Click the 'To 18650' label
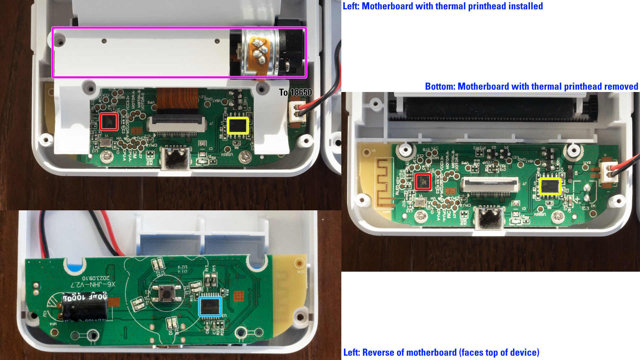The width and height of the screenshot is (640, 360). [295, 92]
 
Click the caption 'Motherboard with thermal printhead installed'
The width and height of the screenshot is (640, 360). [452, 6]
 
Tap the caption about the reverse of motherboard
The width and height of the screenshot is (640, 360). [441, 352]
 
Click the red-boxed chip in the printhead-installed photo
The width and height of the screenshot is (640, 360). [109, 122]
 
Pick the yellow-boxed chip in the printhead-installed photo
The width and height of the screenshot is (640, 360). [238, 126]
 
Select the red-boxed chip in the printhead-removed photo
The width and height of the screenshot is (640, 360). [423, 182]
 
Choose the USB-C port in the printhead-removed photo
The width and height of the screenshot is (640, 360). [488, 218]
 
